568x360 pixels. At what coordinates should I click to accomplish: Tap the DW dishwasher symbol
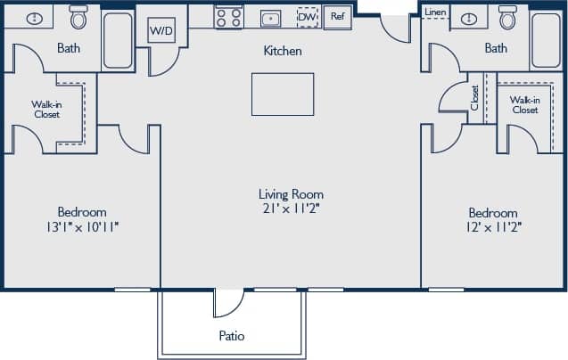point(307,17)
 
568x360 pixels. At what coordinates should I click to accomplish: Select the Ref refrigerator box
point(337,16)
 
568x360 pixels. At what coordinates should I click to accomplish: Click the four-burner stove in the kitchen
point(228,17)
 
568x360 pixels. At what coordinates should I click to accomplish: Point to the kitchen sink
point(269,17)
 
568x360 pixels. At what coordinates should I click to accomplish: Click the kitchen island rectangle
point(283,94)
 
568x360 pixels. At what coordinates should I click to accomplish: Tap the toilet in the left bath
point(78,17)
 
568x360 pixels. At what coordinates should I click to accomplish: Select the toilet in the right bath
point(508,17)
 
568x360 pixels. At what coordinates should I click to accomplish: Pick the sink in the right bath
point(467,18)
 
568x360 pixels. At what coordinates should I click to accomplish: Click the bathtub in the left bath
point(117,40)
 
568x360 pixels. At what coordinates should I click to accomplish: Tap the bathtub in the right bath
point(546,40)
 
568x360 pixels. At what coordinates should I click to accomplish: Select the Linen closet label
point(435,12)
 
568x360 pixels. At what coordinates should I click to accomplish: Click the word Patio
point(232,336)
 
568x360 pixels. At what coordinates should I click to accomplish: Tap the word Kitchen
point(282,51)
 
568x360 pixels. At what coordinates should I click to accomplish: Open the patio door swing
point(226,303)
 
